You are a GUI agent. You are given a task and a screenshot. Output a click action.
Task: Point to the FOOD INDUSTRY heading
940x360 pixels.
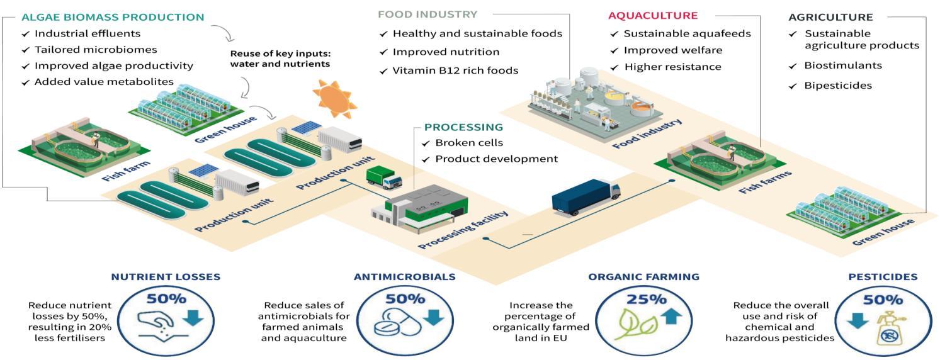(x=428, y=14)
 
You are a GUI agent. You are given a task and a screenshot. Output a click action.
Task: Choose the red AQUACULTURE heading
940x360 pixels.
(x=653, y=15)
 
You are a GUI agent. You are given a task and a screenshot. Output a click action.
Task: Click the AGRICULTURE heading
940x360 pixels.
(x=830, y=18)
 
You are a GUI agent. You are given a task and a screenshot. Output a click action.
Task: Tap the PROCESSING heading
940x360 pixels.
(x=463, y=127)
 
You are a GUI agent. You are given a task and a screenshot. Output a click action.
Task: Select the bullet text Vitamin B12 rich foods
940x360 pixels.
(x=455, y=70)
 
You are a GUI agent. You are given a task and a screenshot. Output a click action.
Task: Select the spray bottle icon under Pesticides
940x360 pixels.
(x=888, y=326)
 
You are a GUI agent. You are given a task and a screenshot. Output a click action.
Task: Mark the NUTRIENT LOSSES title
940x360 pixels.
(x=166, y=276)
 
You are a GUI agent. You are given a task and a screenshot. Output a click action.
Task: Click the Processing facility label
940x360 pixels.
(x=463, y=230)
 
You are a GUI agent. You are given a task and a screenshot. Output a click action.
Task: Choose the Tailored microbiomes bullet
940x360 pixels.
(x=96, y=50)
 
